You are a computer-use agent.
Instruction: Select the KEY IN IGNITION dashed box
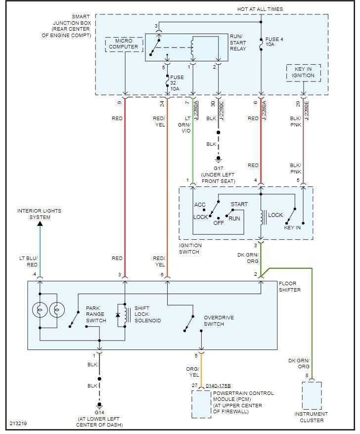[x=303, y=72]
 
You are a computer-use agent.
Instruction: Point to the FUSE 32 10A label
[x=177, y=82]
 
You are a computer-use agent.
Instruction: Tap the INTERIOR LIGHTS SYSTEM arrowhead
[x=40, y=223]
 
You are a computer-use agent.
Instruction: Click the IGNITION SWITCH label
[x=190, y=249]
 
